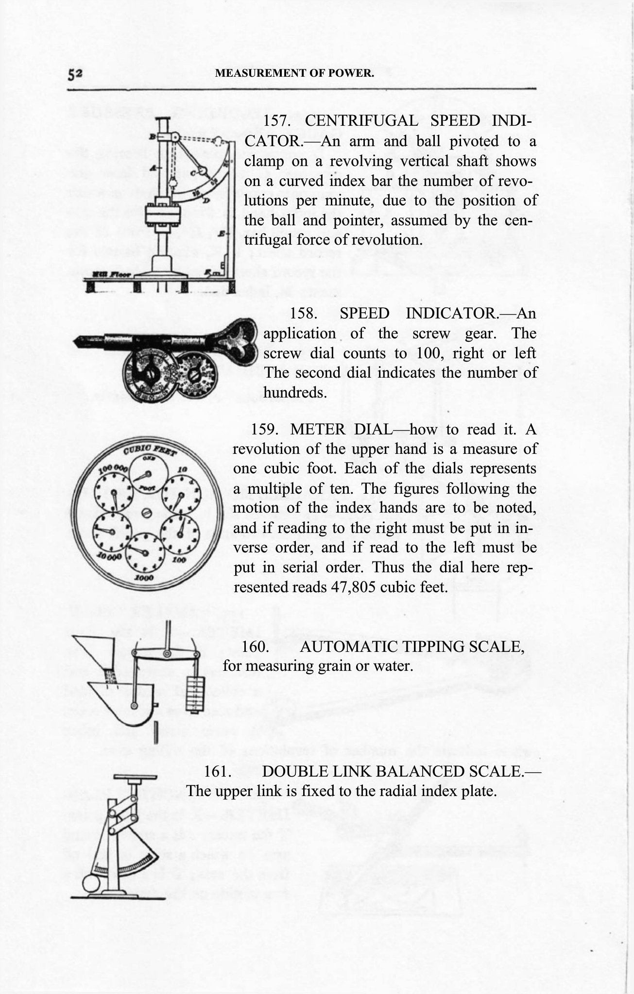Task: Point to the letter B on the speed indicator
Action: (x=152, y=136)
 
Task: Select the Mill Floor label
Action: (x=111, y=274)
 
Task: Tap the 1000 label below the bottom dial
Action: (x=144, y=578)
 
